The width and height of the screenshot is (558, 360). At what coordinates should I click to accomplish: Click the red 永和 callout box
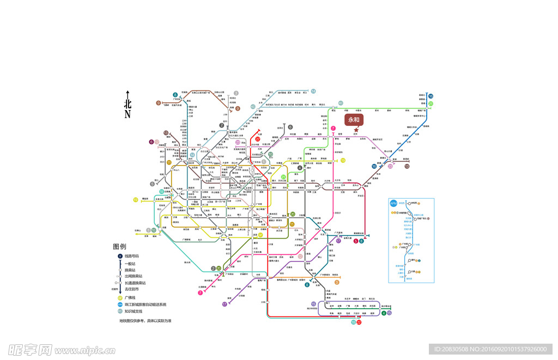tap(354, 120)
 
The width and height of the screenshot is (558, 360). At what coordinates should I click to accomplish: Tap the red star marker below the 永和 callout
tap(356, 130)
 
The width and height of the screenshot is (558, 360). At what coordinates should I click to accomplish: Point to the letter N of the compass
tap(128, 114)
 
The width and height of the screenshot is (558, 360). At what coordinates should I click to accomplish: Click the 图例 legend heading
tap(119, 247)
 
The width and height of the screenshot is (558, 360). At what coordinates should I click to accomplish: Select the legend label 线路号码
tap(132, 256)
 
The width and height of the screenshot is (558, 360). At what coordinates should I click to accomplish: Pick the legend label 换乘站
tap(130, 270)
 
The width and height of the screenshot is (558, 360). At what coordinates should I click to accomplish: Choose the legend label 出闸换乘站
tap(132, 277)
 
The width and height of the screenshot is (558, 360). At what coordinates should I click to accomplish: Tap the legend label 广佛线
tap(130, 298)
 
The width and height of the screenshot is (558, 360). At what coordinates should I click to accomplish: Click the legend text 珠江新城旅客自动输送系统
tap(145, 304)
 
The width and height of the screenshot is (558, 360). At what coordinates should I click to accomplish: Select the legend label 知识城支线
tap(134, 312)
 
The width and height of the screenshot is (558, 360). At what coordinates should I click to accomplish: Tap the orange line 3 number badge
tap(337, 282)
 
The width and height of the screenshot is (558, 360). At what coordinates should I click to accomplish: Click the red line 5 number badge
tap(356, 241)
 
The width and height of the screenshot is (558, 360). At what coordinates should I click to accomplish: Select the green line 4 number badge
tap(384, 313)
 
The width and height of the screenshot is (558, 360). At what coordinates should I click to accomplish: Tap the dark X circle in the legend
tap(120, 256)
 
